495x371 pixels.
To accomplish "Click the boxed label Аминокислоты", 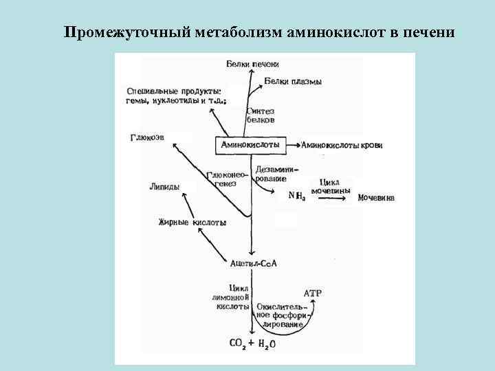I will [x=250, y=146].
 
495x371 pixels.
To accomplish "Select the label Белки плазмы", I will [x=293, y=82].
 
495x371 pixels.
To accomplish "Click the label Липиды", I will [x=164, y=186].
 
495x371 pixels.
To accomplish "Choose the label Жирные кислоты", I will [x=192, y=222].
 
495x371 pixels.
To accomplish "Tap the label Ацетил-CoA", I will [x=254, y=263].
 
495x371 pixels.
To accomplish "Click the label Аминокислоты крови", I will [x=342, y=146].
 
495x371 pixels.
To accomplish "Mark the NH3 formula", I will [x=297, y=196].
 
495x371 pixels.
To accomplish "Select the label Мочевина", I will [x=376, y=198].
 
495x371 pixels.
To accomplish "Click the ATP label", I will [x=313, y=293].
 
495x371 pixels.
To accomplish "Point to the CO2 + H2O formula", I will [x=252, y=343].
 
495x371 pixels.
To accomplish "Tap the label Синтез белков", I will [x=265, y=114].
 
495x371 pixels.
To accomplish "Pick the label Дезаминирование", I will [x=274, y=174].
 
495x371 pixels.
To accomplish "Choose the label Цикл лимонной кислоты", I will [x=232, y=297].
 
